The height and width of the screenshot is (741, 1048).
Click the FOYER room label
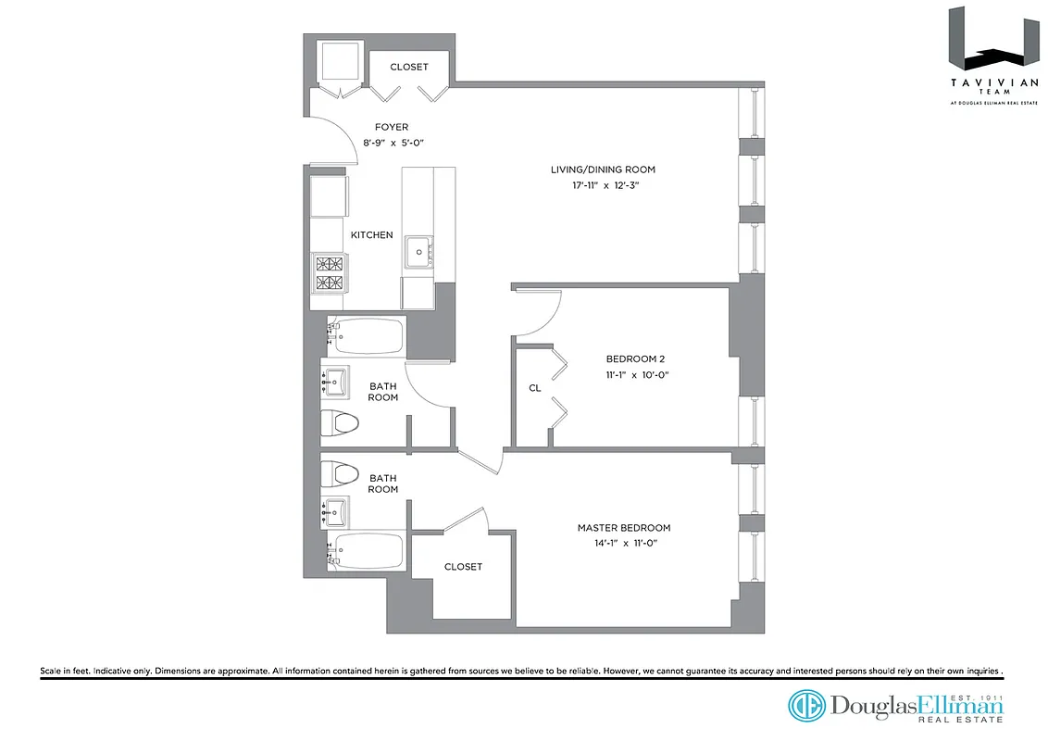pos(391,127)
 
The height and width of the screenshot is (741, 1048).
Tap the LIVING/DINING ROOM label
pos(603,170)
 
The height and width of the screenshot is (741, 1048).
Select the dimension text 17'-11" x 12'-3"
pos(603,186)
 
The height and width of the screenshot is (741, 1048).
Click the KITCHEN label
pos(371,235)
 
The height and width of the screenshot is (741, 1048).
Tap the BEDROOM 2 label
pos(636,359)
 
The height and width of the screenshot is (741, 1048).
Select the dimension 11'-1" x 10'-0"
pos(636,375)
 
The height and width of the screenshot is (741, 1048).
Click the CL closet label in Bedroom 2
pos(534,388)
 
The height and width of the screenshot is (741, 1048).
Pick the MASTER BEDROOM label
pos(624,528)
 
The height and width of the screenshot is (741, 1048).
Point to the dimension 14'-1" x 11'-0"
pos(624,544)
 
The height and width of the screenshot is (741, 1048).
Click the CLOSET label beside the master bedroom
pos(463,567)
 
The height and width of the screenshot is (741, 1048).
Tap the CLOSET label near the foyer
pos(408,67)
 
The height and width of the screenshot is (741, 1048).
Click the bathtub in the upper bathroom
pos(367,335)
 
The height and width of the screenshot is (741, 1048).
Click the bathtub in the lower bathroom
pos(367,550)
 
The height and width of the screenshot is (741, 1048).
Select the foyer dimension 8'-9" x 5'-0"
pos(391,144)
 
